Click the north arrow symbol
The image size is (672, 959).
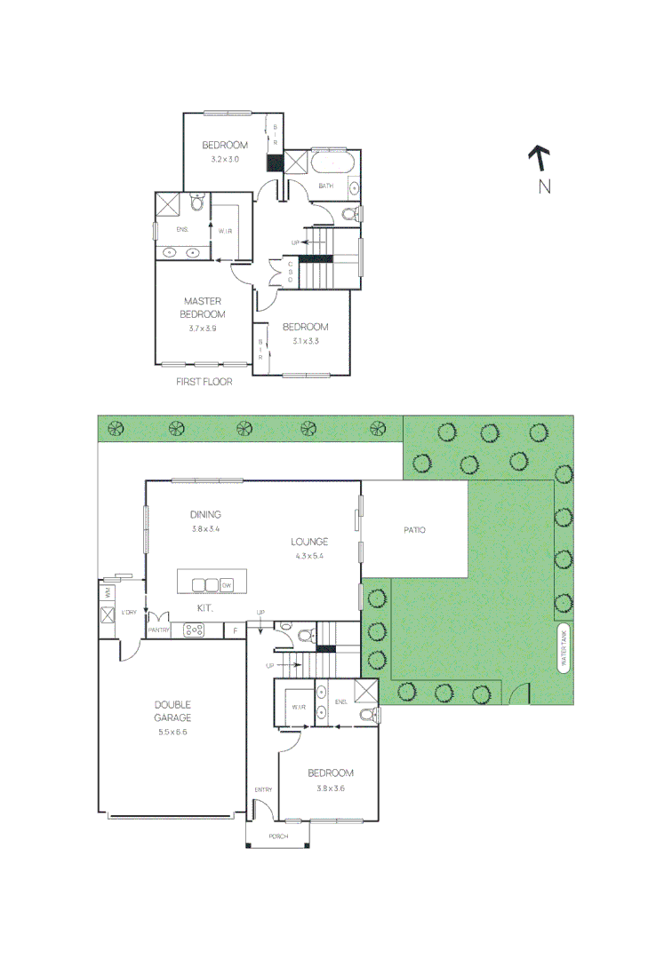539,158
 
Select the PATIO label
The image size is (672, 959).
414,530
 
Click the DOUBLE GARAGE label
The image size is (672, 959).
172,710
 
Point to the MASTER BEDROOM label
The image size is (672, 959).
203,307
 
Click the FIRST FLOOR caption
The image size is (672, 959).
204,382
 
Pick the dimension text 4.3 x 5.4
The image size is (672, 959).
309,557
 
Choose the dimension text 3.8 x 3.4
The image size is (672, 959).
204,529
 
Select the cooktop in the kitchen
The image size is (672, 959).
194,630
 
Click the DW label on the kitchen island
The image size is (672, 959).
226,585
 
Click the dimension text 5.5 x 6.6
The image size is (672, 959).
172,733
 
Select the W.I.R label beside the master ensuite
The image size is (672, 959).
225,231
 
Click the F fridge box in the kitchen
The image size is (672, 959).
235,630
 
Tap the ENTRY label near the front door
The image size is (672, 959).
263,789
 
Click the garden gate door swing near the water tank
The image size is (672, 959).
523,693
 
